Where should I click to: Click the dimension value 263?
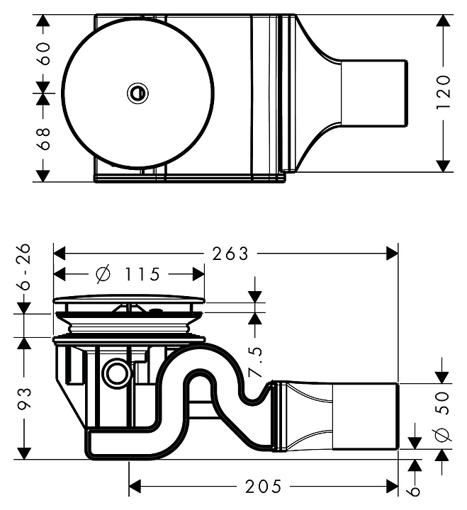[x=230, y=253]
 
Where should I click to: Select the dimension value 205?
[x=262, y=487]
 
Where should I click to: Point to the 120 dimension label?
[x=444, y=91]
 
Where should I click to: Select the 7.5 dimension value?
[x=255, y=361]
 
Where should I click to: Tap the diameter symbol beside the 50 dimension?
[x=443, y=435]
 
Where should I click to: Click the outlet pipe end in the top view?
[x=374, y=93]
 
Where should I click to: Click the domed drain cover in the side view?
[x=129, y=300]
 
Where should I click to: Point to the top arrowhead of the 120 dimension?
[x=444, y=20]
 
